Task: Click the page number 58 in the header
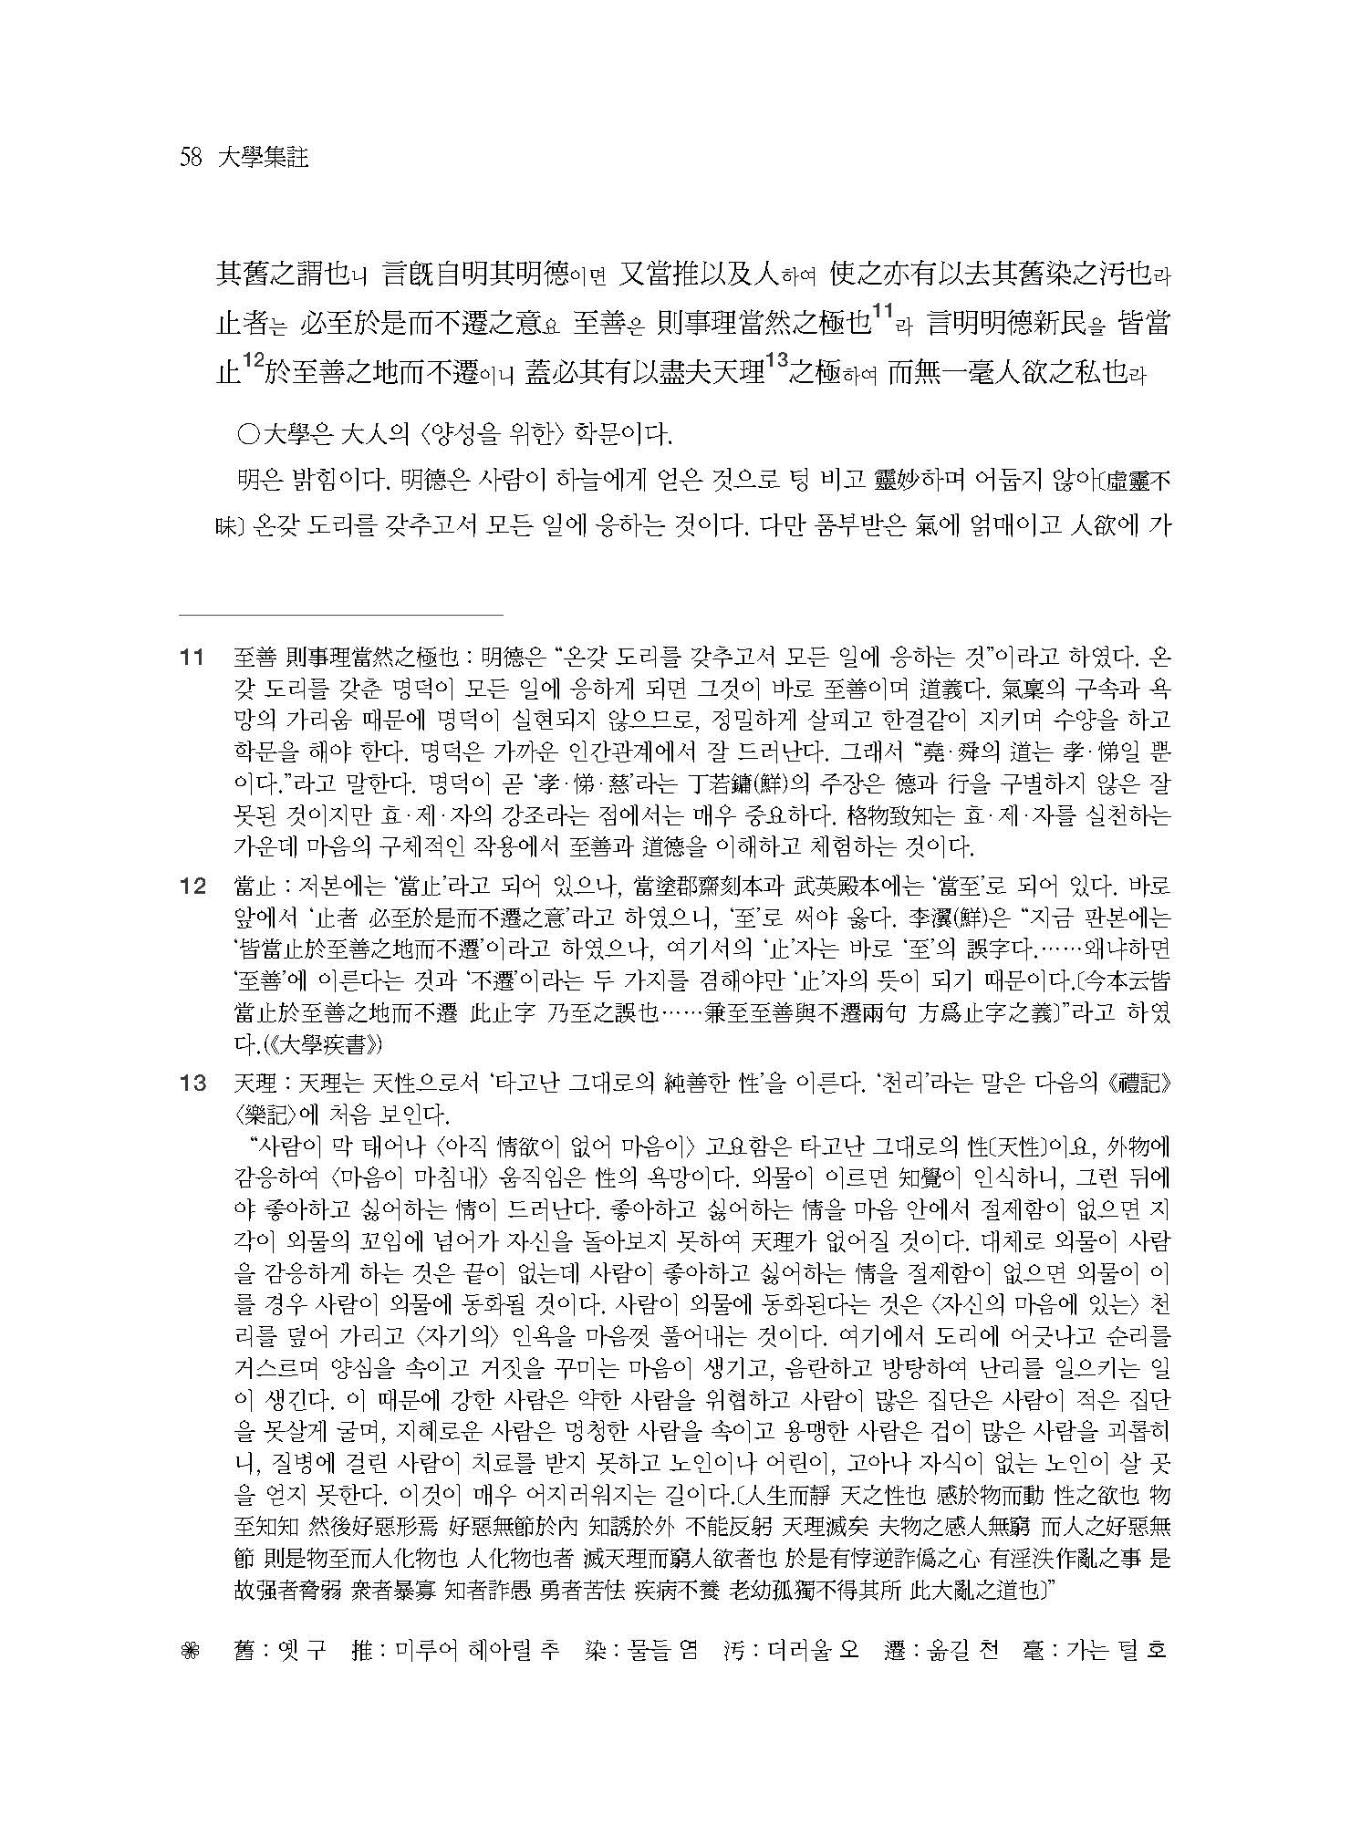pos(191,158)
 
